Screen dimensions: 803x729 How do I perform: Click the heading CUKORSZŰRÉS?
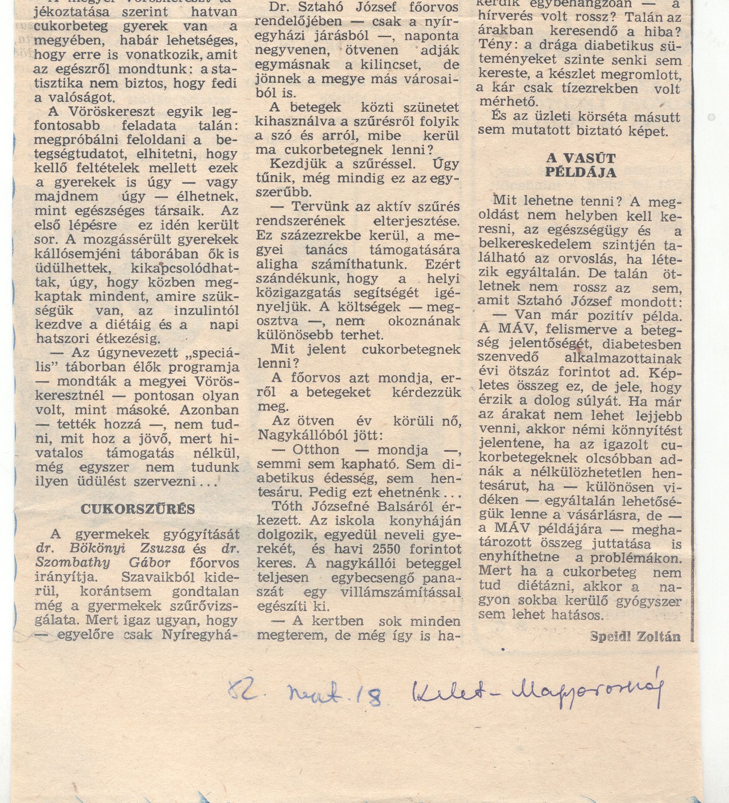(x=138, y=509)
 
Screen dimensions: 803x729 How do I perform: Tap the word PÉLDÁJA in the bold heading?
(x=581, y=172)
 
